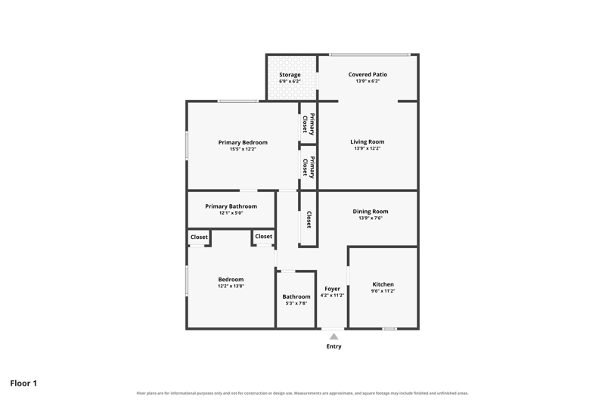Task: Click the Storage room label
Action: pyautogui.click(x=290, y=75)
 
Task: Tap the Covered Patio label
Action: pyautogui.click(x=368, y=74)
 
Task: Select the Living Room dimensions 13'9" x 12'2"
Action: pyautogui.click(x=368, y=148)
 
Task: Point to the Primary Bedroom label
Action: pyautogui.click(x=243, y=142)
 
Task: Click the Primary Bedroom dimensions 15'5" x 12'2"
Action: pyautogui.click(x=243, y=149)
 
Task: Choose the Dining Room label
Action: pyautogui.click(x=371, y=212)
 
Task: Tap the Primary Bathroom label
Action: pyautogui.click(x=231, y=206)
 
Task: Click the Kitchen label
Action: pyautogui.click(x=383, y=284)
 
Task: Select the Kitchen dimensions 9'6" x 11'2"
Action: pyautogui.click(x=383, y=291)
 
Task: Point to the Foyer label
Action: pyautogui.click(x=332, y=289)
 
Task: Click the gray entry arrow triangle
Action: pyautogui.click(x=334, y=336)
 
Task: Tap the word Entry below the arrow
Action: pyautogui.click(x=334, y=346)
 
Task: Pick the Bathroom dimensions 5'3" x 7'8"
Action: pyautogui.click(x=296, y=303)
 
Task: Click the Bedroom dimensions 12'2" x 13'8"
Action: pyautogui.click(x=231, y=286)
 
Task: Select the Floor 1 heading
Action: pyautogui.click(x=23, y=383)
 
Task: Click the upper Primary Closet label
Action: pyautogui.click(x=309, y=124)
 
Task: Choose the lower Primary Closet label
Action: pyautogui.click(x=309, y=167)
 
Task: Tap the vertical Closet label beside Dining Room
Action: pyautogui.click(x=309, y=219)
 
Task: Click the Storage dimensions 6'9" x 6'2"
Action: pyautogui.click(x=290, y=82)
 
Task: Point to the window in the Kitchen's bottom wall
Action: pyautogui.click(x=389, y=329)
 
